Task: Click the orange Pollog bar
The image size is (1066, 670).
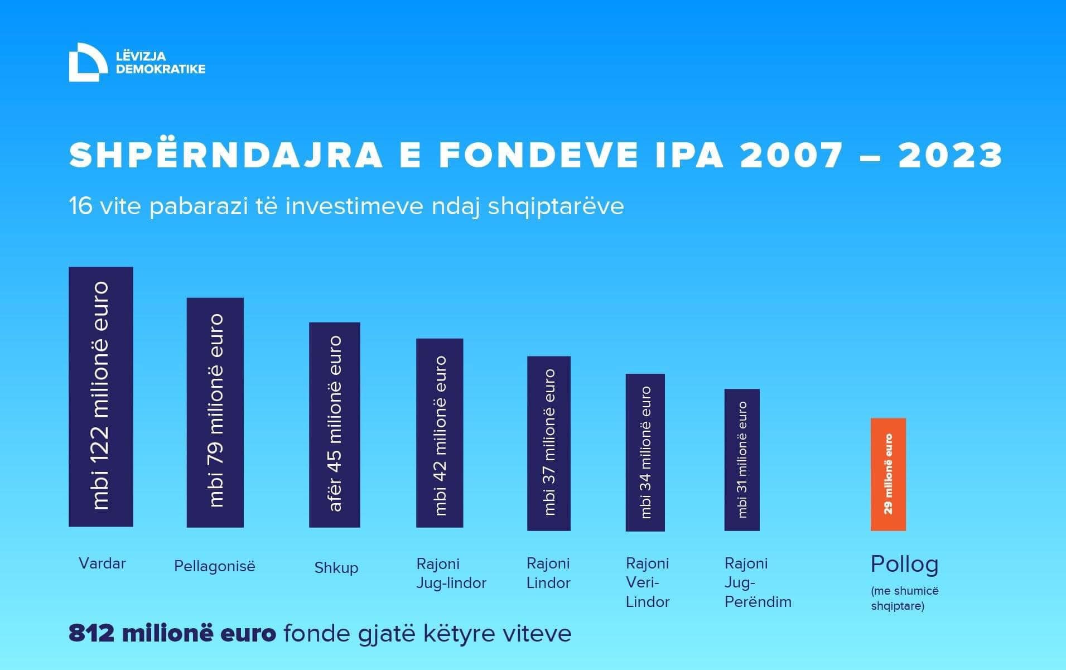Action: coord(888,474)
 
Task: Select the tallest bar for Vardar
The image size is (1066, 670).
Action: coord(101,397)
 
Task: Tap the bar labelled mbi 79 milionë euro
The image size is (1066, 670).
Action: coord(215,412)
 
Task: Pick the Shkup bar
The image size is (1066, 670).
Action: coord(335,425)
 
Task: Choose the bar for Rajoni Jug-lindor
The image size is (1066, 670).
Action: coord(440,433)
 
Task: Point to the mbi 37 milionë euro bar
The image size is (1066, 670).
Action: coord(549,443)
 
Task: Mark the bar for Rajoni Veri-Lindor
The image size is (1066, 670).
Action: coord(645,452)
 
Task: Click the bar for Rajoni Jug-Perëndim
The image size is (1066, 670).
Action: coord(742,460)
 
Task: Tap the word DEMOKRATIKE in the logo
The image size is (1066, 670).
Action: coord(161,69)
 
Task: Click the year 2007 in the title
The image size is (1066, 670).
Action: coord(792,155)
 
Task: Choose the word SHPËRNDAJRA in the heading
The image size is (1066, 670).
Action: coord(226,155)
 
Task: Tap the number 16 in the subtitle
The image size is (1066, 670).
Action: coord(80,206)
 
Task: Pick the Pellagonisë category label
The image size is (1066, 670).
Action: coord(215,566)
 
